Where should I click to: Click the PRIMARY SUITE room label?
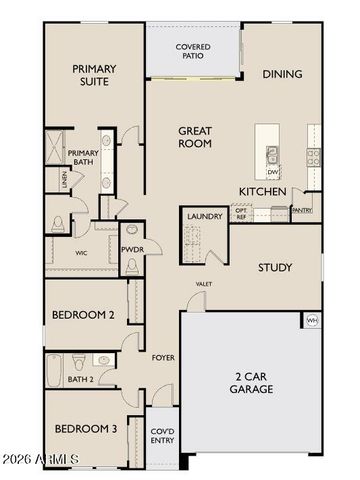(x=94, y=76)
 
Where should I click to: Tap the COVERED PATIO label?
(x=192, y=51)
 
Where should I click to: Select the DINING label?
(x=282, y=74)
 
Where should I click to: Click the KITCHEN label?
(x=263, y=191)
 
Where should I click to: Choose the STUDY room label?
(x=274, y=267)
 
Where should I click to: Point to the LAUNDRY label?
(x=204, y=215)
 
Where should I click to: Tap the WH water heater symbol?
(x=312, y=320)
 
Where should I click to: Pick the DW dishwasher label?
(x=273, y=171)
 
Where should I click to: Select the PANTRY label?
(x=301, y=211)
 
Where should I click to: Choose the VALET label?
(x=204, y=284)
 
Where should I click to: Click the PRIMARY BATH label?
(x=83, y=159)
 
